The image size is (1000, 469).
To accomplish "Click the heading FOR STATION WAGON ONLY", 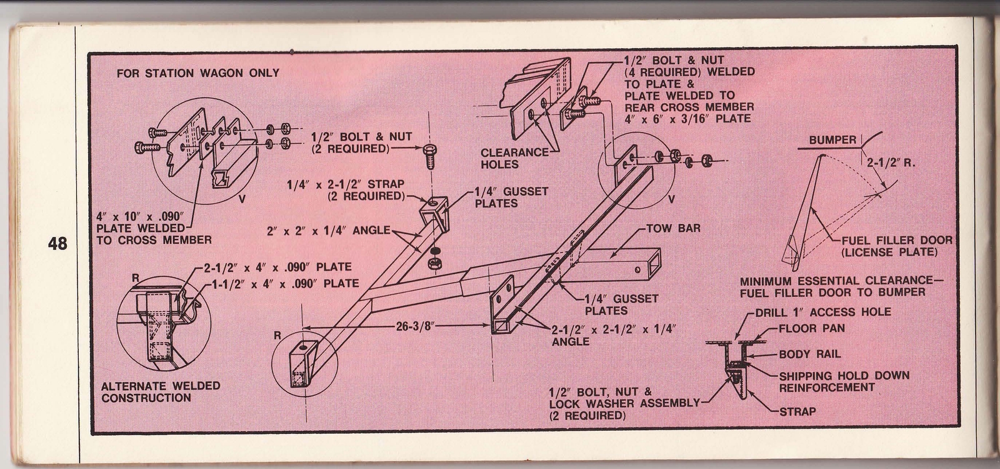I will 198,73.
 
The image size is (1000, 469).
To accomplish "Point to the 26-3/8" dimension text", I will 411,326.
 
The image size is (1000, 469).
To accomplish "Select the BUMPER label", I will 832,140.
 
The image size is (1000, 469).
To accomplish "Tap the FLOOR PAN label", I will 811,328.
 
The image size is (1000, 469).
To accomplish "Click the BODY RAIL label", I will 809,354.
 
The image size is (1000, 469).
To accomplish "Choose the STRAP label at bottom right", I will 797,411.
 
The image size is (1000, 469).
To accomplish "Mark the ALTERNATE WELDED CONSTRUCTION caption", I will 161,391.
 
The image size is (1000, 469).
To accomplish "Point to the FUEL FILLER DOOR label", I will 896,240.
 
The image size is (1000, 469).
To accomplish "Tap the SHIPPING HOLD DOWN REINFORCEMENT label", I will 844,381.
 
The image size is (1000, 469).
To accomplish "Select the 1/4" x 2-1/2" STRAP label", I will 345,190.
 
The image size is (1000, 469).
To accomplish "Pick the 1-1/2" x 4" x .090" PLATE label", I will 282,283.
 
